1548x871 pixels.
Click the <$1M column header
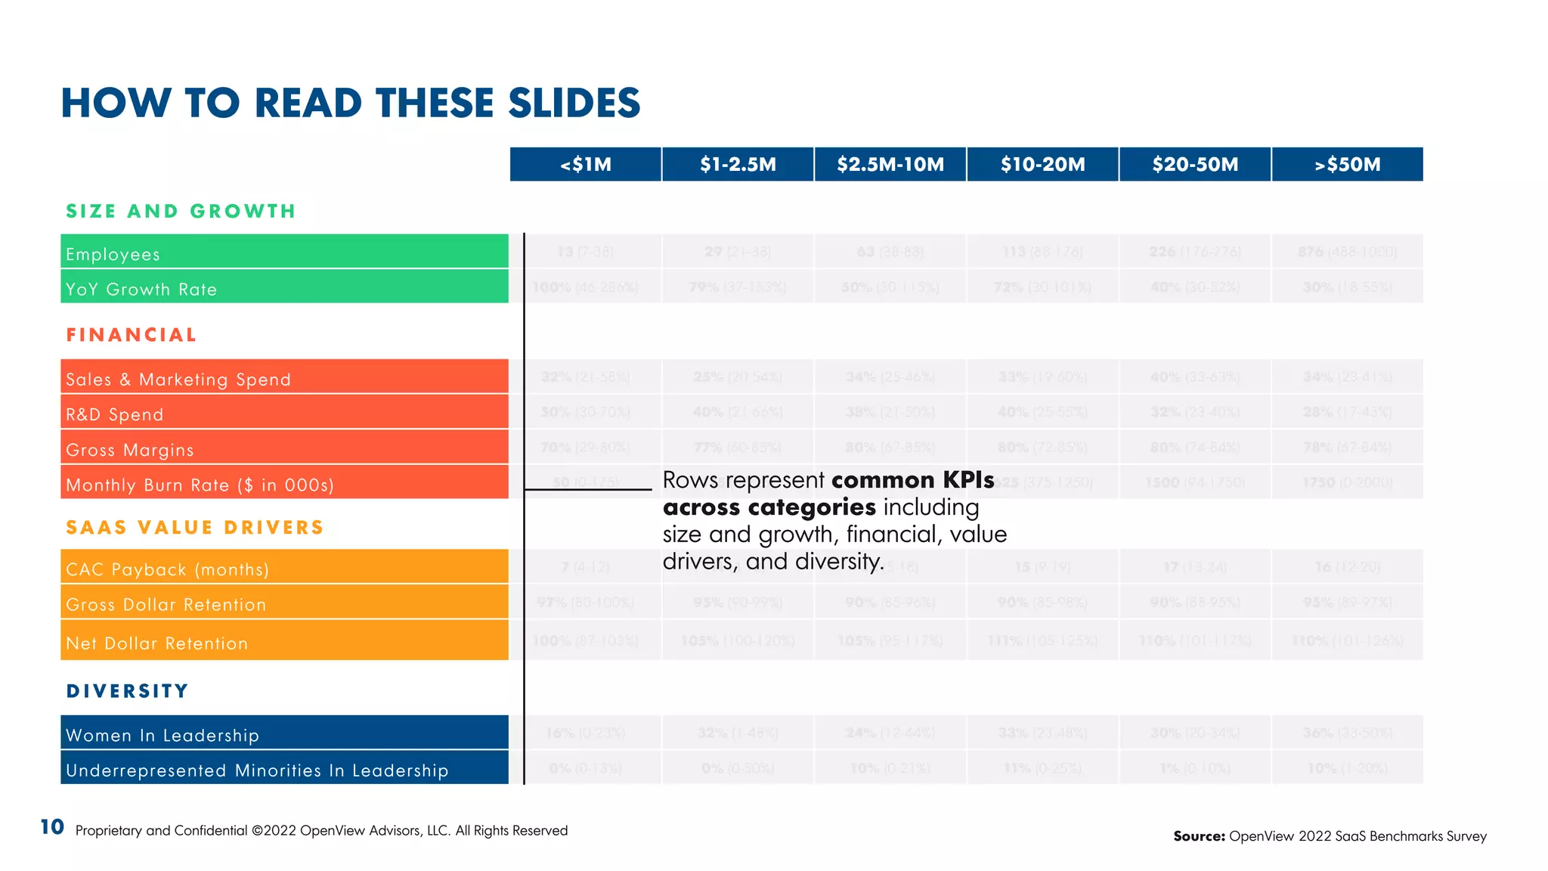tap(586, 164)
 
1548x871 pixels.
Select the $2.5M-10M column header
tap(890, 164)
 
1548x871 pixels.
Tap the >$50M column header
tap(1347, 164)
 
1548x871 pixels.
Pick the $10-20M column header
tap(1042, 164)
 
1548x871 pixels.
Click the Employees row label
tap(113, 254)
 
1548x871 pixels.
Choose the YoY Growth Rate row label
tap(141, 289)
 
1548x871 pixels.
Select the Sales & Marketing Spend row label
tap(178, 379)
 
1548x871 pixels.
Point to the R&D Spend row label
tap(115, 414)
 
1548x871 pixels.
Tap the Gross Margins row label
tap(130, 450)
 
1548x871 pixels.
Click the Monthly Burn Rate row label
tap(200, 485)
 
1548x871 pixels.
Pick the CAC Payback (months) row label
tap(168, 569)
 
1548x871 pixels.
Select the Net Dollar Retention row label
tap(157, 643)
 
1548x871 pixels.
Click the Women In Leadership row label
tap(163, 735)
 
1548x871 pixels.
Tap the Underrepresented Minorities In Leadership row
tap(257, 770)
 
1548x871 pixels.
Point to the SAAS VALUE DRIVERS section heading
tap(195, 527)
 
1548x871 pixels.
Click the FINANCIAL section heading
tap(132, 335)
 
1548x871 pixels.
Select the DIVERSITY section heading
tap(128, 690)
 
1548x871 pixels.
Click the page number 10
tap(52, 827)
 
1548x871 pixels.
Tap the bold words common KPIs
tap(912, 480)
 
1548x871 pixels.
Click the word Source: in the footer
tap(1199, 835)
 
